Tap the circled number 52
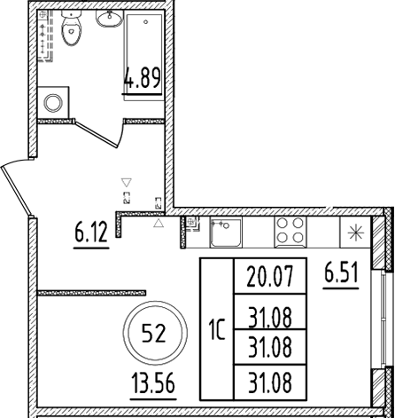pyautogui.click(x=153, y=335)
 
